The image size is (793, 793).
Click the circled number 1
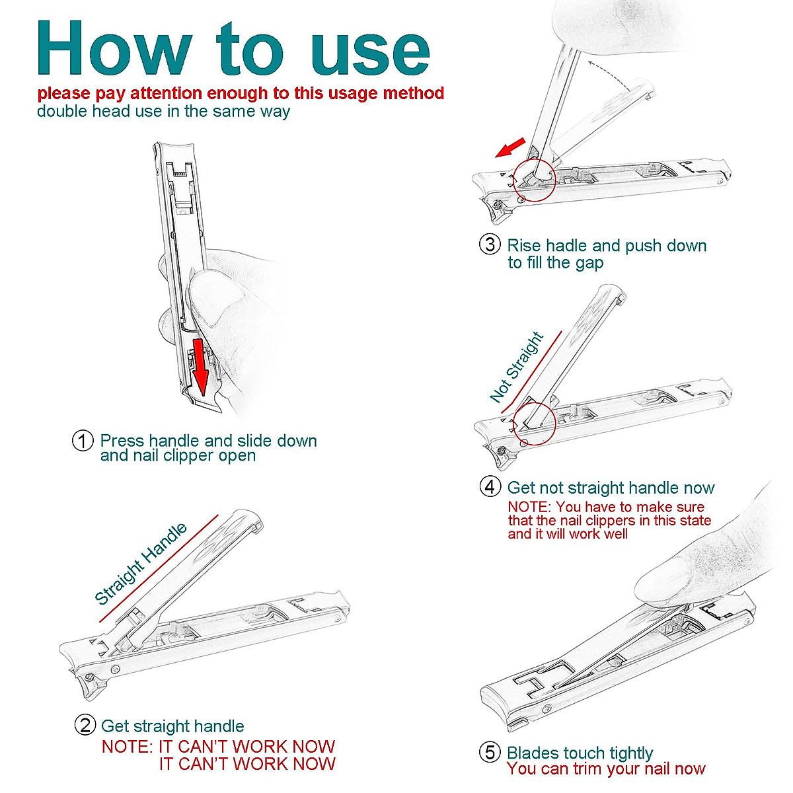click(82, 441)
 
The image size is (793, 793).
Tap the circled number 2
click(85, 725)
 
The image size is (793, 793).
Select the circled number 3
click(489, 245)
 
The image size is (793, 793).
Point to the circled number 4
click(489, 487)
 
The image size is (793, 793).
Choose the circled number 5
click(489, 752)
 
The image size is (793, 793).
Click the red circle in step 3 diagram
click(533, 179)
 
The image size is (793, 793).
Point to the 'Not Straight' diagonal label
click(516, 367)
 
